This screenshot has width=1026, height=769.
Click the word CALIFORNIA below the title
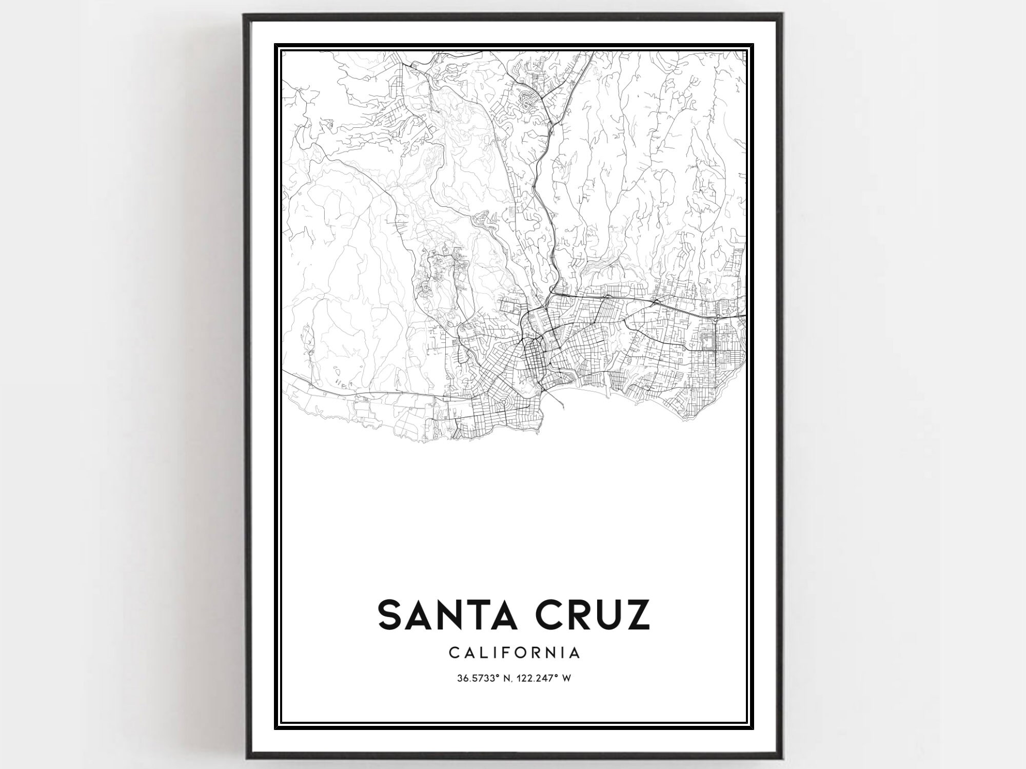point(515,652)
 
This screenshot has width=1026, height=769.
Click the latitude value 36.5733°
point(479,678)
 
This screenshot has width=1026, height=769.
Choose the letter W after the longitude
point(567,678)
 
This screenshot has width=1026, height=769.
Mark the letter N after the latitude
point(510,678)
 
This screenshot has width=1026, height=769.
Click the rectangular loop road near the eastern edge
point(706,341)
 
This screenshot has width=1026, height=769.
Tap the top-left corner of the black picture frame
point(245,15)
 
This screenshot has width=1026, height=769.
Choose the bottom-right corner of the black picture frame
point(781,757)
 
